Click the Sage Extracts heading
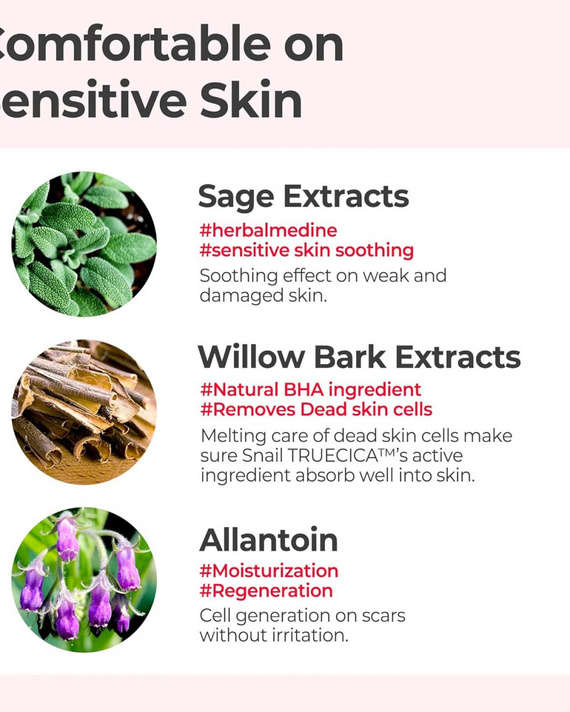[x=303, y=197]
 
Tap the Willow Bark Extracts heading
[x=359, y=357]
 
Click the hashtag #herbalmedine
[x=268, y=230]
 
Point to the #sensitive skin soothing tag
[x=307, y=251]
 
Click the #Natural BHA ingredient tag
[x=311, y=390]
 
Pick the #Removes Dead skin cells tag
[x=316, y=410]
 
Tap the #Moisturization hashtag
[x=269, y=571]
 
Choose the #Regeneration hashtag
[x=266, y=591]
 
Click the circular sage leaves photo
[x=84, y=244]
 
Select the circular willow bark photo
[x=84, y=412]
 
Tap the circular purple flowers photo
[x=84, y=580]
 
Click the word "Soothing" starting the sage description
[x=239, y=276]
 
